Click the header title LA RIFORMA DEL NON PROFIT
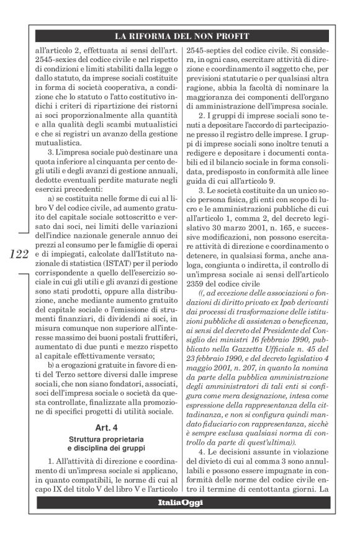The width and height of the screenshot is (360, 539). point(180,37)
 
